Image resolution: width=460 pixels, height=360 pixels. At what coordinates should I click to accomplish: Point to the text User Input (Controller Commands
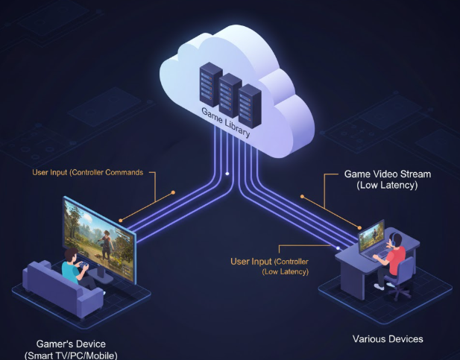[x=89, y=173]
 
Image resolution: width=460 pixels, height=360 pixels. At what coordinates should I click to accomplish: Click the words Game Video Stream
[x=379, y=174]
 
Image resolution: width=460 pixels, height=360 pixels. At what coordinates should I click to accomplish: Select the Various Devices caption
[x=388, y=339]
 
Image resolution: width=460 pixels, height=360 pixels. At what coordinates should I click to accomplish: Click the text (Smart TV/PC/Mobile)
[x=72, y=355]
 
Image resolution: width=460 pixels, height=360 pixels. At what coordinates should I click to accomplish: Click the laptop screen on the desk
[x=371, y=238]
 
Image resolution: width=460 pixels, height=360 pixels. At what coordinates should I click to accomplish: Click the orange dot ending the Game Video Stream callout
[x=303, y=198]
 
